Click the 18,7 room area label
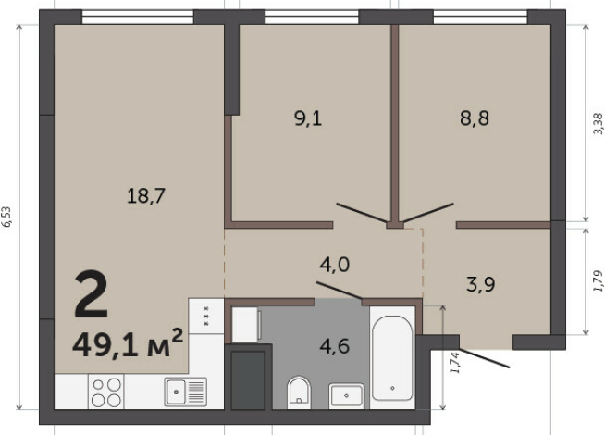pos(146,195)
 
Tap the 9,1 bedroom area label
pos(308,118)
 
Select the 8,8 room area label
pos(475,118)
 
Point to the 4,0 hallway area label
pos(335,265)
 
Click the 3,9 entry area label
pos(481,285)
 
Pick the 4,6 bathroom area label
pos(335,346)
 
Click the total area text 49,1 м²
pos(128,344)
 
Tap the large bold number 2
pos(91,294)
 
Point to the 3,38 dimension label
pos(598,123)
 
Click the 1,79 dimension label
pos(598,280)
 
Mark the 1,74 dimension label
pos(455,363)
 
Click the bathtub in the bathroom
pos(392,358)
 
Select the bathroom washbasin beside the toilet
pos(346,395)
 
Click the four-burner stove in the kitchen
pos(106,391)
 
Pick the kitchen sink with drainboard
pos(186,391)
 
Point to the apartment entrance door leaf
pos(484,358)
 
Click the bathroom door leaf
pos(340,291)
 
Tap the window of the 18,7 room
pos(138,18)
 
